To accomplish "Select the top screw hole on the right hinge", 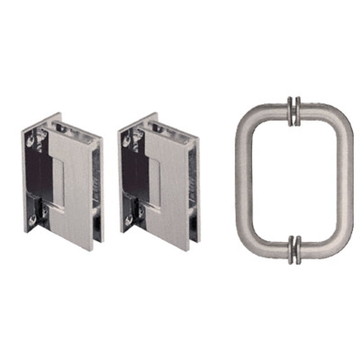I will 127,141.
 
